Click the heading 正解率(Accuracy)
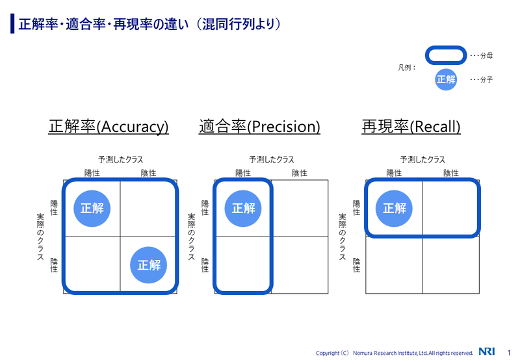coord(109,127)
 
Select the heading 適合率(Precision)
coord(259,127)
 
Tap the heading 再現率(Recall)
coord(411,127)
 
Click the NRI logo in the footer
coord(487,352)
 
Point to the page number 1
coord(509,353)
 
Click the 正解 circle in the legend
coord(446,79)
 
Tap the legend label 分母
coord(486,56)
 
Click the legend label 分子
coord(486,79)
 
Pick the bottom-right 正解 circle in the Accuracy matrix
coord(148,265)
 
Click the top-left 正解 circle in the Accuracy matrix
coord(92,209)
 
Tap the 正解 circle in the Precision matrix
coord(243,209)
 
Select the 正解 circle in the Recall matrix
coord(394,209)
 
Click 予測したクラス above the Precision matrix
coord(272,160)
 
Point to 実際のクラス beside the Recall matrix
coord(343,237)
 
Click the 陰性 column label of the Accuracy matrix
coord(148,173)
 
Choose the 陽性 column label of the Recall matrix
coord(394,173)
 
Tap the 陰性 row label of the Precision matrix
coord(205,265)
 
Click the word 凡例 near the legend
coord(405,68)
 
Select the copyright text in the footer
coord(395,353)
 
